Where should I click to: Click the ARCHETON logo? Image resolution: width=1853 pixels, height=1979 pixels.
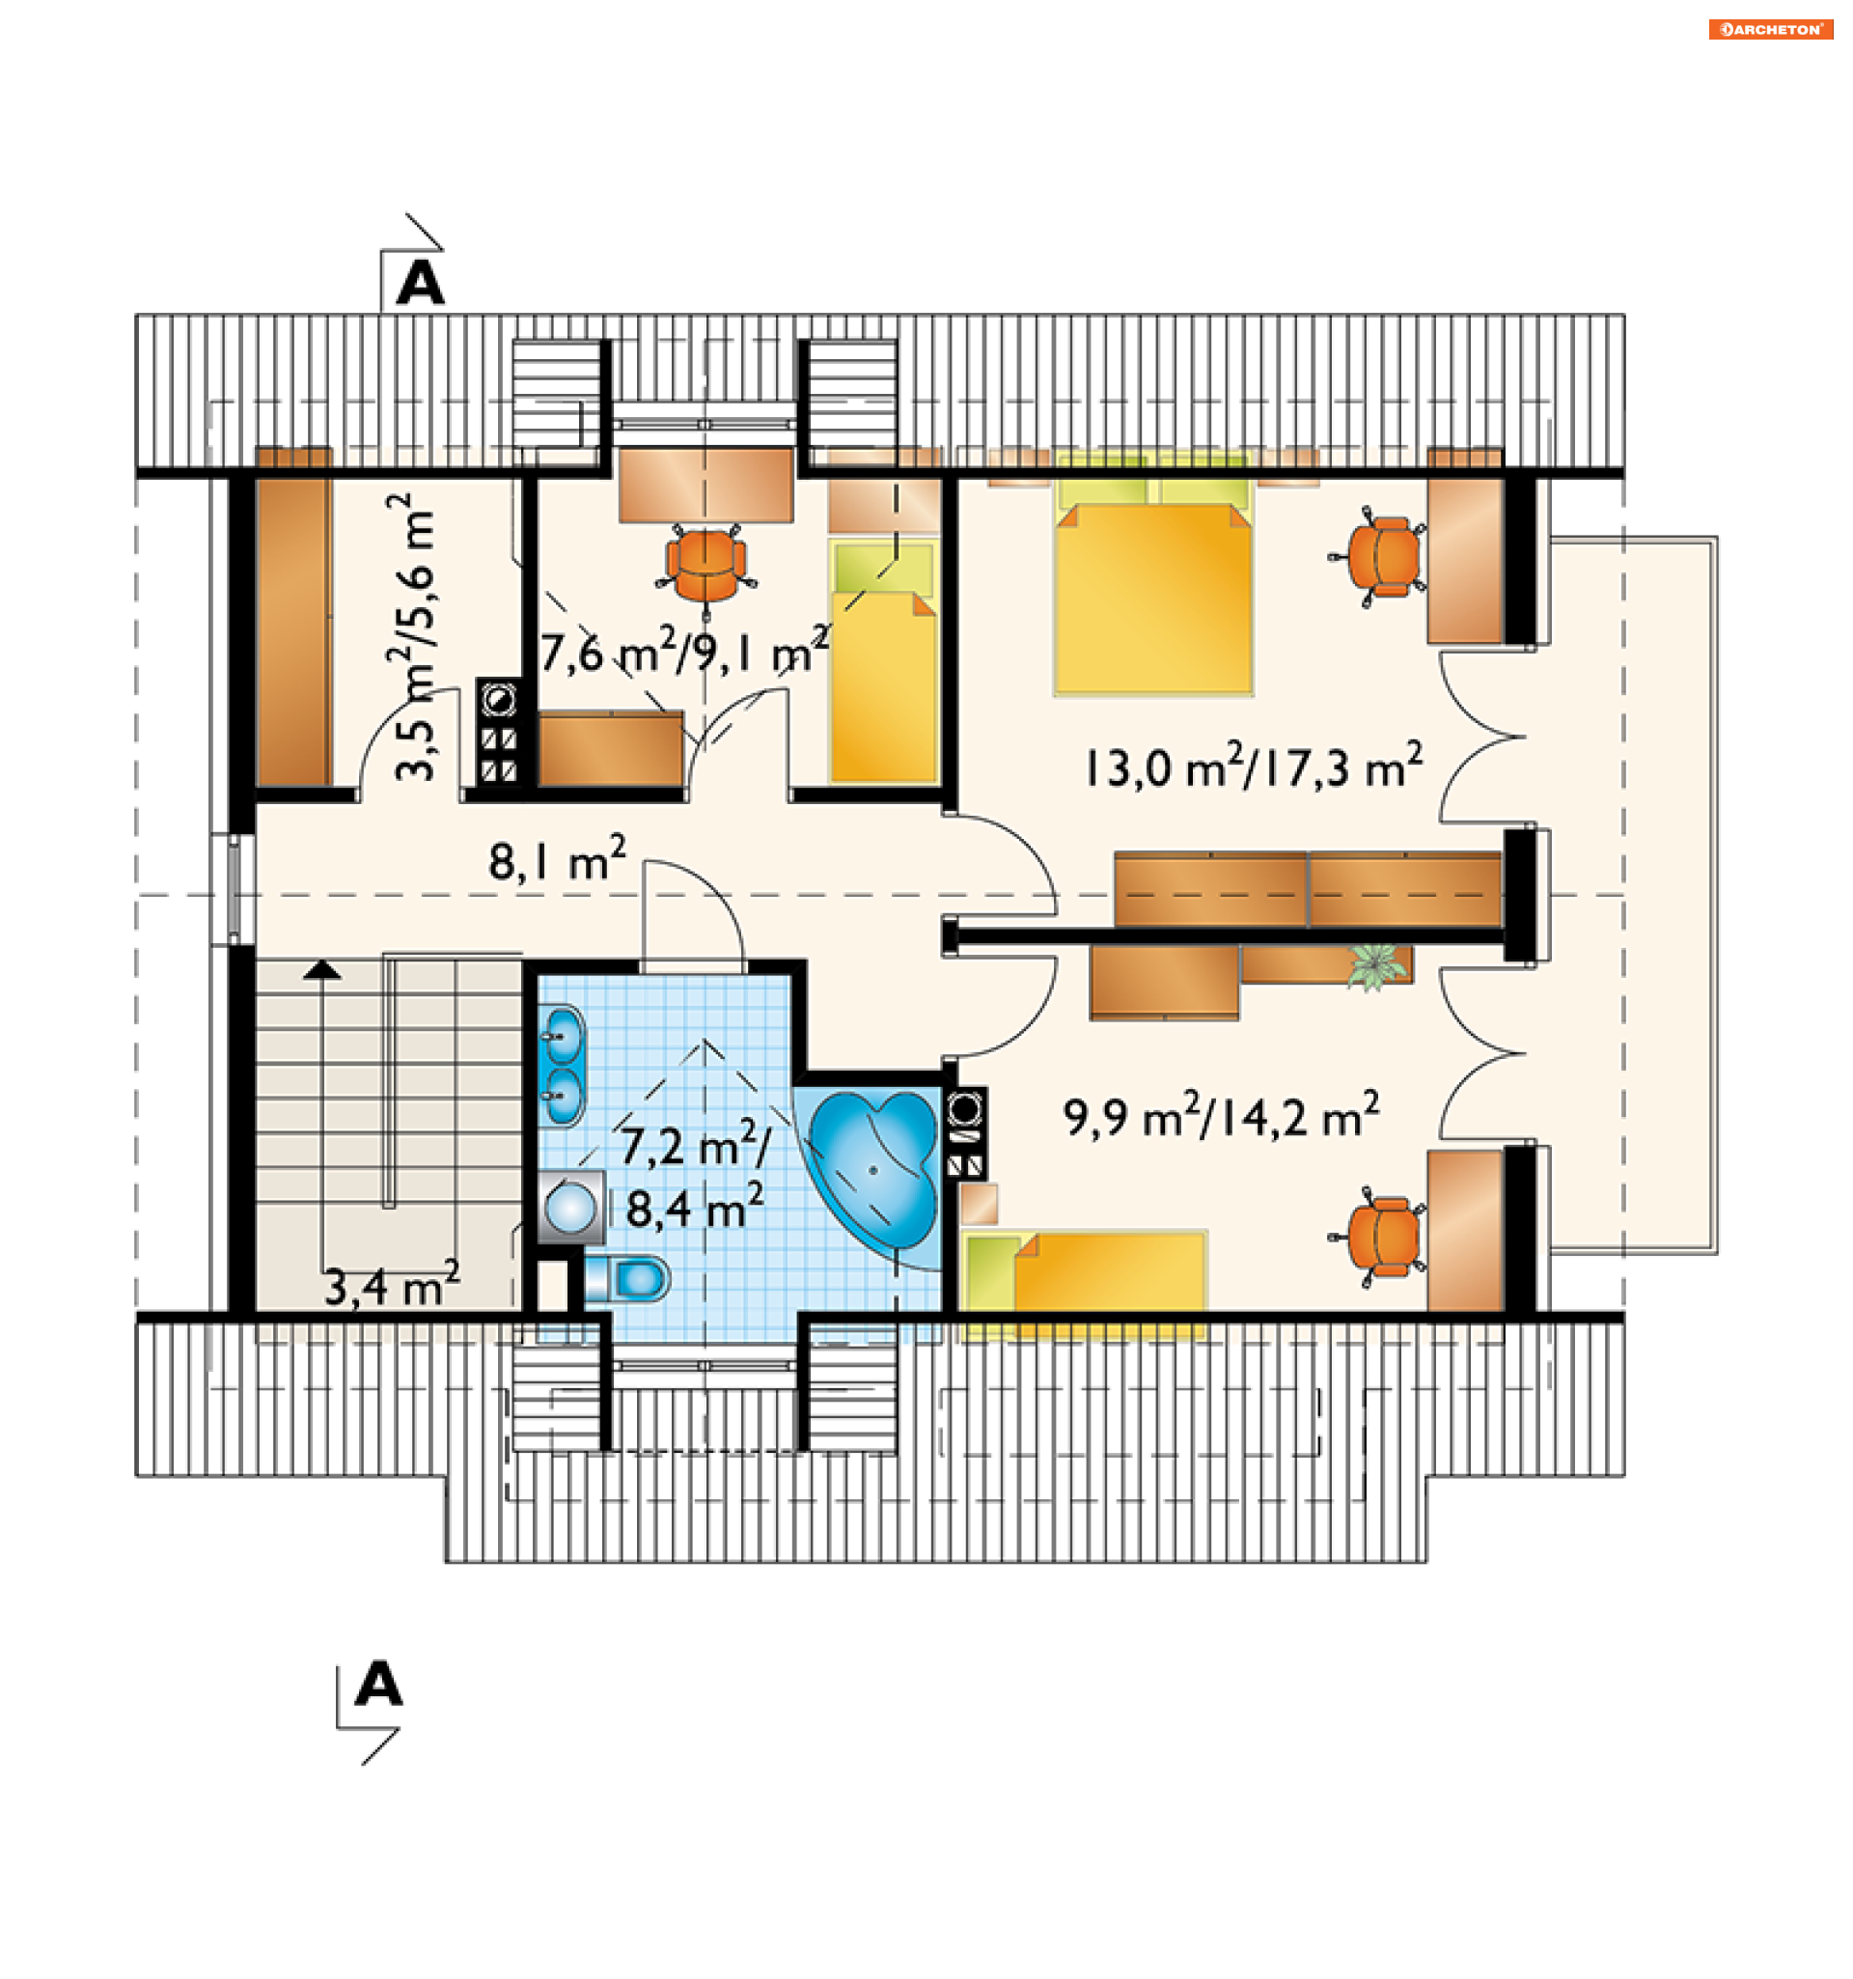(x=1770, y=30)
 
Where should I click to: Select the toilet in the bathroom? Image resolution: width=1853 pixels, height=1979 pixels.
(x=626, y=1278)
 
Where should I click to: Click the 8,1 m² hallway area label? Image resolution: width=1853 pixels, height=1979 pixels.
(x=557, y=860)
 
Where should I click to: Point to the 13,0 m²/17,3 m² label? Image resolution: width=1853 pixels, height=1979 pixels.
(x=1253, y=767)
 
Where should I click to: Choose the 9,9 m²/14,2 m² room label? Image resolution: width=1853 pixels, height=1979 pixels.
(x=1221, y=1116)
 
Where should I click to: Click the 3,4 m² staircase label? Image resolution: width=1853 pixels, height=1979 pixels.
(x=392, y=1284)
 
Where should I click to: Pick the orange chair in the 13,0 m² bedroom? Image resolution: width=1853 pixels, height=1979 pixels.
(x=1377, y=557)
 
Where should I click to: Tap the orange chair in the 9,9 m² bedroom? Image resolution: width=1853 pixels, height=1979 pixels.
(x=1377, y=1238)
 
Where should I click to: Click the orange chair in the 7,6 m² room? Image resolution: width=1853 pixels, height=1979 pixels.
(x=705, y=567)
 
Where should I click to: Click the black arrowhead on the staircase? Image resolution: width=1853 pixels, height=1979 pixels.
(x=321, y=969)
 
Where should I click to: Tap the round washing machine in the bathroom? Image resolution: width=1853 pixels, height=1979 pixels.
(x=570, y=1208)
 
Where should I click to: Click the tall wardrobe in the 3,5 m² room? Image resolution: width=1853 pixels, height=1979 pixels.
(x=293, y=618)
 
